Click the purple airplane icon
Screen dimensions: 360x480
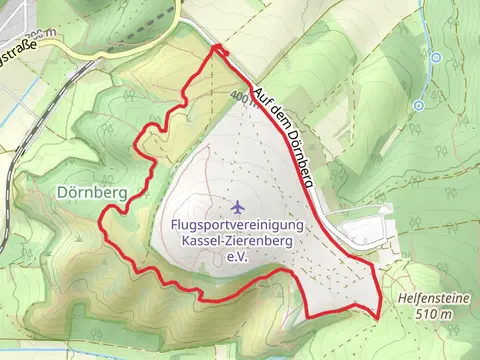coord(237,207)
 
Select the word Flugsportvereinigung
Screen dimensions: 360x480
coord(237,225)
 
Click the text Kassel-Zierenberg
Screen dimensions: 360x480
coord(237,241)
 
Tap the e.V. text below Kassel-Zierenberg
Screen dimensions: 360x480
coord(237,257)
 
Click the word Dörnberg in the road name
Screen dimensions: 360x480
coord(301,159)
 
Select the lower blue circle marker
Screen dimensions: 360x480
coord(419,104)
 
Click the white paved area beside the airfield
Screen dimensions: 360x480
coord(360,231)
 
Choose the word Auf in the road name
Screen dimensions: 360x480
coord(265,100)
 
